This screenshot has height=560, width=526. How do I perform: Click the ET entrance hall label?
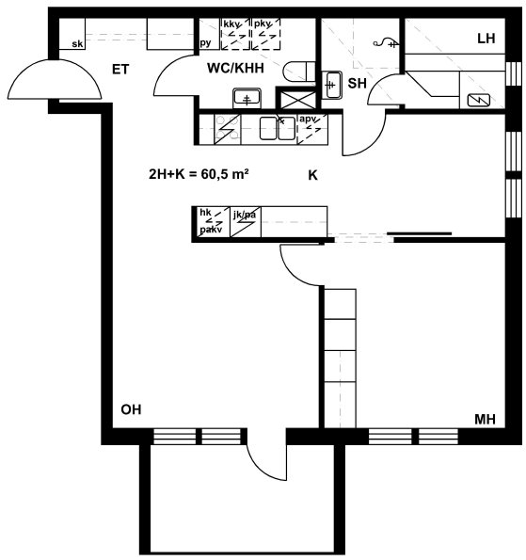[120, 70]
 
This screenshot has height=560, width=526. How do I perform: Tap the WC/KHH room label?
[235, 68]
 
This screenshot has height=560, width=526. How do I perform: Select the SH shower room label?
[357, 83]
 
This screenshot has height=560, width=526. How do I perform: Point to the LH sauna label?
[486, 39]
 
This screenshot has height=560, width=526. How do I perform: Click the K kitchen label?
[312, 175]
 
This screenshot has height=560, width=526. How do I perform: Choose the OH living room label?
[131, 409]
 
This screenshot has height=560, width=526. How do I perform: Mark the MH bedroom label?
[485, 419]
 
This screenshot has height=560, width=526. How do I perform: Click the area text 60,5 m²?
[225, 174]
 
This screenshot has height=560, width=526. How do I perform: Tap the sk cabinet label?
[77, 44]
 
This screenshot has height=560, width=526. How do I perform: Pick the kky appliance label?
[231, 24]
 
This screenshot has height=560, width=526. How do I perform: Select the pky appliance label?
[263, 24]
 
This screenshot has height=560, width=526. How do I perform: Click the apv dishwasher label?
[308, 119]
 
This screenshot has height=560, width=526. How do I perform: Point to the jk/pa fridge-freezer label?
[245, 215]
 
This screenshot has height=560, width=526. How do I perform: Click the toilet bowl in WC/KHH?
[299, 72]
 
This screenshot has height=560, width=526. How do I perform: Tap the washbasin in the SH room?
[332, 85]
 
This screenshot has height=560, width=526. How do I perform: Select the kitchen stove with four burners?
[228, 129]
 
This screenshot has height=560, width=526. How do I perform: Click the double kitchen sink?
[278, 129]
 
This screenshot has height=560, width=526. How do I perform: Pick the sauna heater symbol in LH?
[479, 100]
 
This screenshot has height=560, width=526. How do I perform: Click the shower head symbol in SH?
[386, 43]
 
